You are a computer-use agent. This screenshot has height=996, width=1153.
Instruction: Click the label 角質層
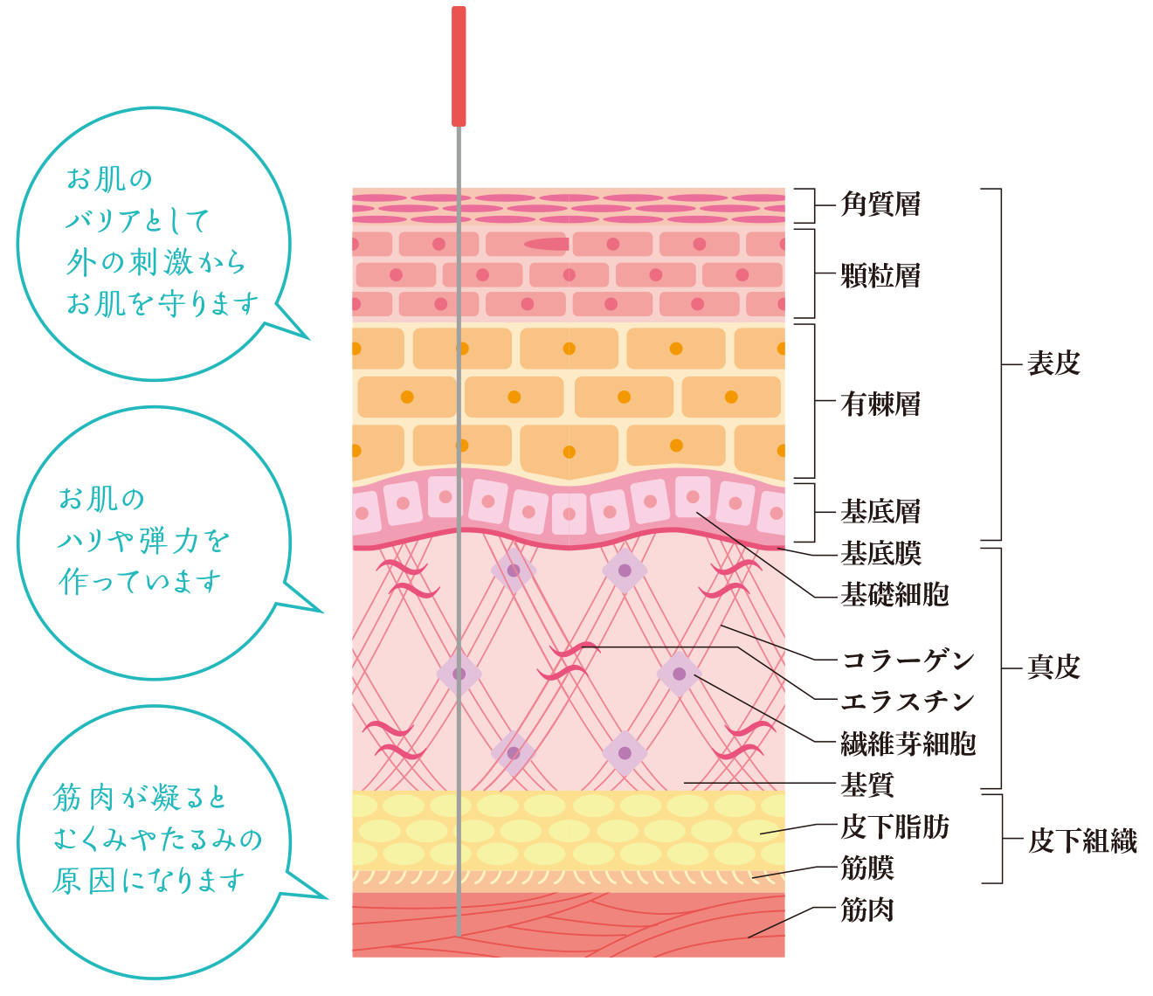tap(880, 205)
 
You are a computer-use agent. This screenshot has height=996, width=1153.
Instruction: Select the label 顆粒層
tap(880, 276)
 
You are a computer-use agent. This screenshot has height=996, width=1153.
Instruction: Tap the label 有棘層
tap(880, 405)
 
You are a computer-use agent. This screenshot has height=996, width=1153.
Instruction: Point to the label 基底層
tap(880, 511)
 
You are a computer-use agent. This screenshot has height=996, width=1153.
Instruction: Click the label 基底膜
tap(880, 553)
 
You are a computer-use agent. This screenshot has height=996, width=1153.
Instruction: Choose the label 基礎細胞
tap(894, 595)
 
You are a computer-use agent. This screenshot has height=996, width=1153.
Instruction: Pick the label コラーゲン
tap(908, 661)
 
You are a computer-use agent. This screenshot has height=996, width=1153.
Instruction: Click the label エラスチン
tap(908, 702)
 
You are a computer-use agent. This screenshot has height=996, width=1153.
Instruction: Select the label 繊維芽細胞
tap(908, 744)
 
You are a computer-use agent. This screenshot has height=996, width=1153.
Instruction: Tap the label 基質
tap(866, 785)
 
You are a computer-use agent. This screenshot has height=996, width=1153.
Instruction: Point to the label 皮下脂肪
tap(894, 827)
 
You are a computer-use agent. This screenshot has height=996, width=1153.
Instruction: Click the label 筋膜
tap(866, 868)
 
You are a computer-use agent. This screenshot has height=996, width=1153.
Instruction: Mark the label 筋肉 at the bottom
tap(866, 910)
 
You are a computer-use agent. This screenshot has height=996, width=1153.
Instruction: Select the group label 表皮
tap(1053, 363)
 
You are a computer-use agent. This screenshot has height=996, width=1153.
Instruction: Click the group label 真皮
tap(1053, 667)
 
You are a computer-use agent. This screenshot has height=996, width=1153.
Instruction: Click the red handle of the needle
tap(459, 66)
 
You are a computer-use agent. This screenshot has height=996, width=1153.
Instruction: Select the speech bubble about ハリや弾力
tap(148, 542)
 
